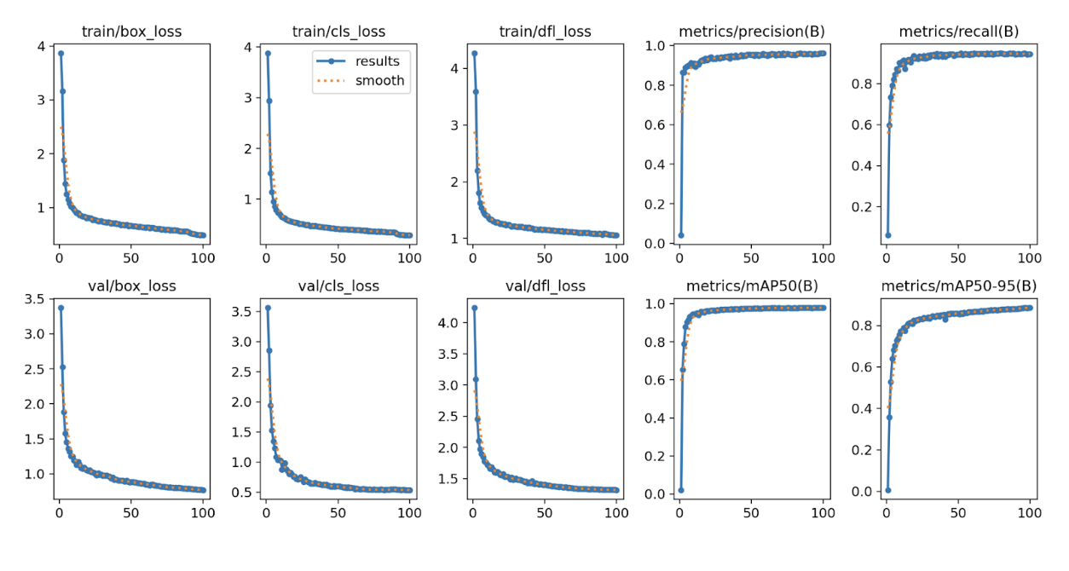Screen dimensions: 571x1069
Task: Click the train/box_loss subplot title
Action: click(131, 32)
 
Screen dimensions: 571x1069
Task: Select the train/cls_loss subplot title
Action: click(338, 32)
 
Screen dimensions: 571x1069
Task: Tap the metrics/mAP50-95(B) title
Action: click(957, 286)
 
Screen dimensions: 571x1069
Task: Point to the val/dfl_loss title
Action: click(545, 286)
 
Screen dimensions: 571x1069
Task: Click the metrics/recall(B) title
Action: click(957, 32)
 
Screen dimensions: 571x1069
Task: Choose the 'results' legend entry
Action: click(378, 61)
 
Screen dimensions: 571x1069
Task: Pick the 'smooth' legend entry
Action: click(379, 81)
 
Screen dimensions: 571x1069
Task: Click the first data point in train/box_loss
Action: click(61, 53)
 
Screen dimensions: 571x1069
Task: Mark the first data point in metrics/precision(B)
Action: click(680, 235)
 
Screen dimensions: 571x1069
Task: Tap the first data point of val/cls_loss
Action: click(268, 308)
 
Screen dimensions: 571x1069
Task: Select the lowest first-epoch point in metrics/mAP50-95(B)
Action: click(887, 490)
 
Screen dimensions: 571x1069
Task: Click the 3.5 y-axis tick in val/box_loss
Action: click(34, 299)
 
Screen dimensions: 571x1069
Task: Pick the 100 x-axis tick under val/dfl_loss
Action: click(616, 513)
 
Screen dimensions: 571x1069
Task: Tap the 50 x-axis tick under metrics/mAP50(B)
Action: click(751, 513)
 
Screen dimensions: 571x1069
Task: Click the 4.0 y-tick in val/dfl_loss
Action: click(447, 322)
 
